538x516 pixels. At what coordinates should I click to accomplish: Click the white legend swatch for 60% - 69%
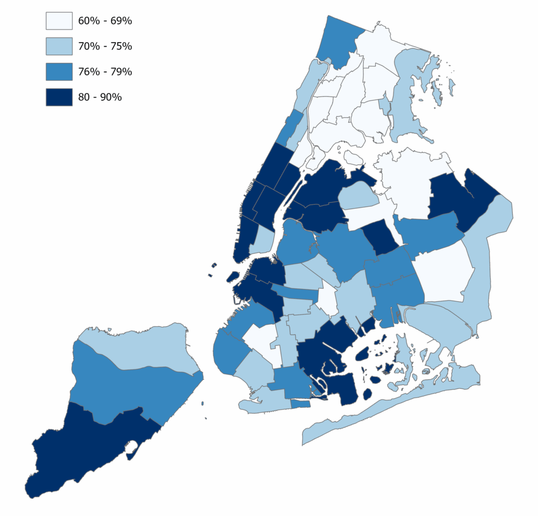(x=59, y=21)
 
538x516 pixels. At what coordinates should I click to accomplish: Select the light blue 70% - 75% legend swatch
(x=59, y=46)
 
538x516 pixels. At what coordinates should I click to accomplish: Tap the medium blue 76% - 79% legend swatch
(x=59, y=71)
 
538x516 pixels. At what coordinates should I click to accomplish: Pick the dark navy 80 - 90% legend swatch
(x=59, y=97)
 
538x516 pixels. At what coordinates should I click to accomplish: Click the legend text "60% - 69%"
(x=105, y=21)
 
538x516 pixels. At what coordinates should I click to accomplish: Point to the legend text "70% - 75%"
(x=105, y=46)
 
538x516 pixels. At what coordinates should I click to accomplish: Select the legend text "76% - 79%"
(x=105, y=71)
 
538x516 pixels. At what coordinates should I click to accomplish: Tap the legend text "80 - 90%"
(x=100, y=97)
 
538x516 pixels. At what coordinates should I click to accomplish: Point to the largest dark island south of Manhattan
(x=233, y=276)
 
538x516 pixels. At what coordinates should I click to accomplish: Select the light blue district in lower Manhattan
(x=261, y=240)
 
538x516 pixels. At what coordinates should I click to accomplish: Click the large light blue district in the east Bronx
(x=410, y=95)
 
